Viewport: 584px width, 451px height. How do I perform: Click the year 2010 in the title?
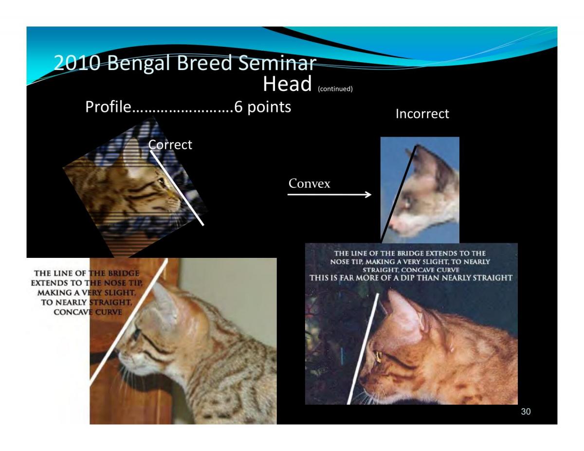(x=77, y=63)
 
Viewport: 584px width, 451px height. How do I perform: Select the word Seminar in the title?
(x=277, y=63)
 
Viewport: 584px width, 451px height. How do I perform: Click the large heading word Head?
(x=287, y=84)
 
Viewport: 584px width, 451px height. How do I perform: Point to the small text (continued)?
(x=335, y=89)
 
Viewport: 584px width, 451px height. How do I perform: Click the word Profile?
(x=108, y=107)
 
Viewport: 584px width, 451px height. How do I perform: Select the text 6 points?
(x=262, y=107)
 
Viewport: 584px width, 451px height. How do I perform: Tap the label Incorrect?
(x=422, y=114)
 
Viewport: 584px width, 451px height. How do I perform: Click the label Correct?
(x=170, y=144)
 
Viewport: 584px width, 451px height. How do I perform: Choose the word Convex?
(x=309, y=183)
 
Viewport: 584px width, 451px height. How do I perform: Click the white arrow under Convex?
(x=329, y=194)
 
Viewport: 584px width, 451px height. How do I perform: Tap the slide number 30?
(x=526, y=412)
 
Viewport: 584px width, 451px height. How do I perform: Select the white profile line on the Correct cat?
(x=177, y=188)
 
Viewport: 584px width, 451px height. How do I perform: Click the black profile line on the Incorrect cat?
(x=399, y=194)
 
